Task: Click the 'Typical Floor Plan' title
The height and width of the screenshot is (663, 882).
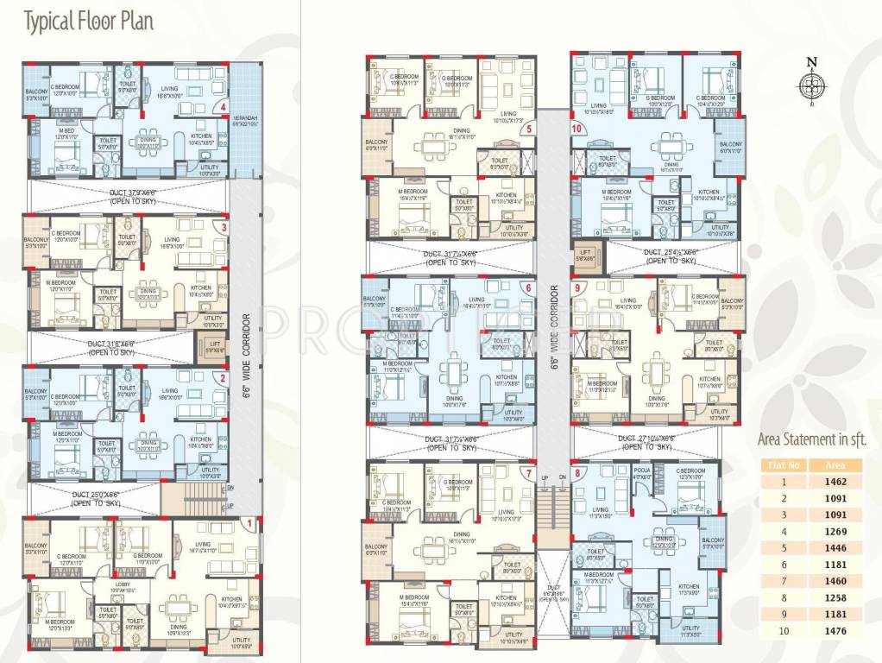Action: pos(89,21)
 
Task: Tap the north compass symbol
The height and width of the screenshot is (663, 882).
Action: pos(810,85)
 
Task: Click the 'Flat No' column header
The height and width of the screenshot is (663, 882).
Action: pos(778,465)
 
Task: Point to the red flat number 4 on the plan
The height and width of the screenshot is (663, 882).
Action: pos(224,108)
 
